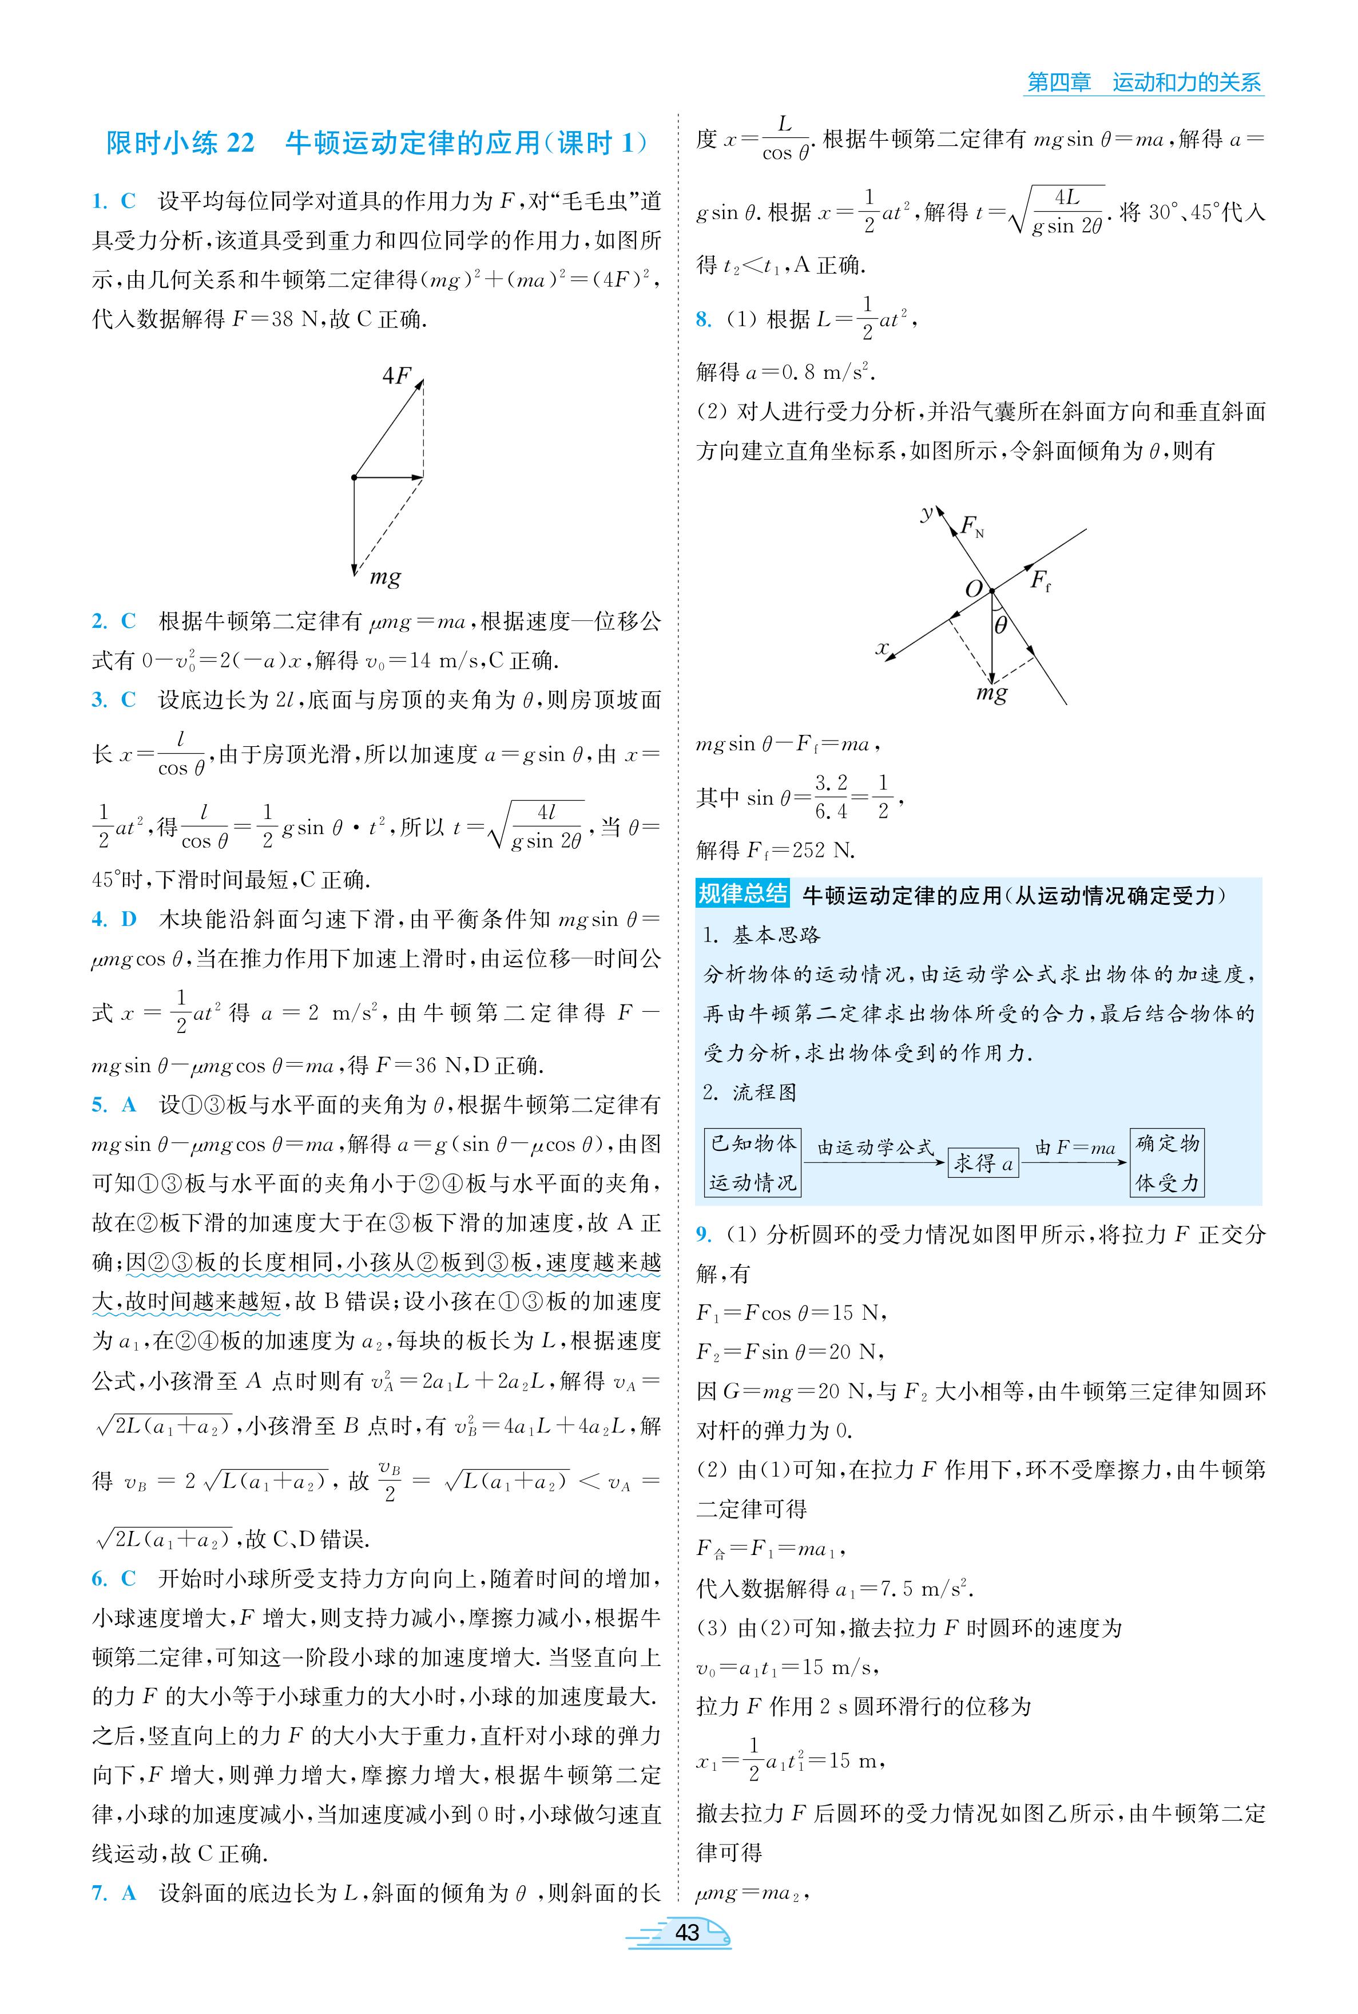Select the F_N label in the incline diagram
click(972, 526)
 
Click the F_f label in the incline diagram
click(1039, 580)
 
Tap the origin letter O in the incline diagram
click(974, 589)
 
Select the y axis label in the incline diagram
click(927, 513)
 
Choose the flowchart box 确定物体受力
click(1166, 1162)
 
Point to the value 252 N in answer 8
click(822, 850)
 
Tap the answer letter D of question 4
click(129, 919)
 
